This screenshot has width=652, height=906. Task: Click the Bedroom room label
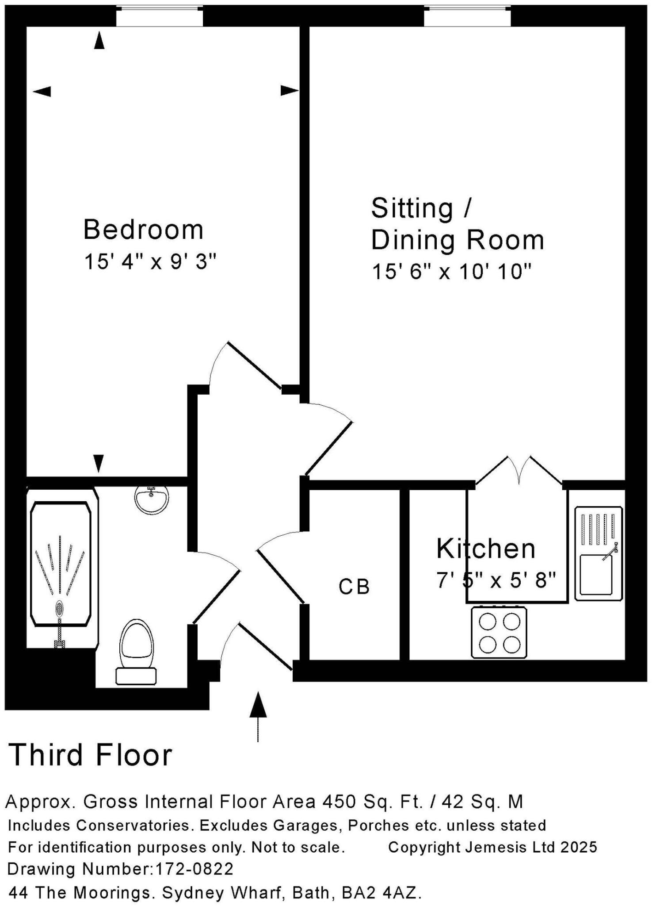pos(143,230)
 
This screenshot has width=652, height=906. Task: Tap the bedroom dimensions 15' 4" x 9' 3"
pos(150,262)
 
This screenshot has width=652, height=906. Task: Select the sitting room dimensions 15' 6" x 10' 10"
pos(451,272)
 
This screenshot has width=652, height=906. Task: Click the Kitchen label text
pos(485,549)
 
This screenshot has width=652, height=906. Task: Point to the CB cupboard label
pos(354,587)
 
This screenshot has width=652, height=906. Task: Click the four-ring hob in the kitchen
pos(499,632)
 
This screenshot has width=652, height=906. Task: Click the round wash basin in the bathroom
pos(151,499)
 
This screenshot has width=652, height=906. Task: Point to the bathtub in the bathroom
pos(61,564)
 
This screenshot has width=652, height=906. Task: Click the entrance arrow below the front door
pos(258,713)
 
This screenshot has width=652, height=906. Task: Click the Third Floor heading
pos(91,755)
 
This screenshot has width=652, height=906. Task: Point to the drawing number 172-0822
pos(194,869)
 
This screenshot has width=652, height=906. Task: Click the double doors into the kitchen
pos(519,471)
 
